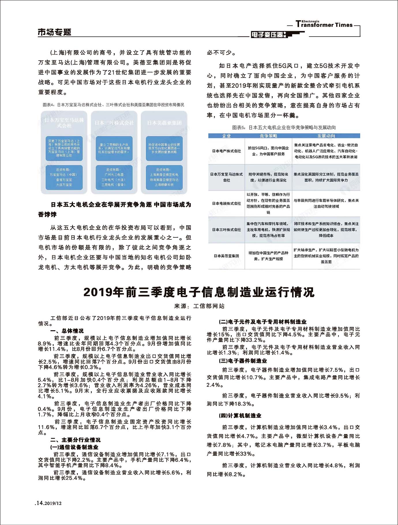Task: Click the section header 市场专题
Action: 55,32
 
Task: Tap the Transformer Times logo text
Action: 324,25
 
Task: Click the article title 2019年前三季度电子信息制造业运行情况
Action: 199,292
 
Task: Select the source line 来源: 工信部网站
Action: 199,306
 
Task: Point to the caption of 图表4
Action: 113,105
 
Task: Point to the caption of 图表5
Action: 284,127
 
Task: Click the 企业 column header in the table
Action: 226,136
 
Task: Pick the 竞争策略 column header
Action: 268,136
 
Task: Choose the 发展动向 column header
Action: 326,136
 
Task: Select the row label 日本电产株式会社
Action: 226,151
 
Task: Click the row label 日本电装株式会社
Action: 226,203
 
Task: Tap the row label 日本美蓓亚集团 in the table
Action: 226,256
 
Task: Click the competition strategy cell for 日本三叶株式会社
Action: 268,230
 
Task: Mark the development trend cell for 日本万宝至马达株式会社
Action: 326,177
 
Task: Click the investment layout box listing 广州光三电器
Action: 114,177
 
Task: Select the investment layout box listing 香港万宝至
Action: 64,177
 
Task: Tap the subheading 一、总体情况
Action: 67,331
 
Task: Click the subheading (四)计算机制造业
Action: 240,416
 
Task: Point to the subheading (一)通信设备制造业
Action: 74,447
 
